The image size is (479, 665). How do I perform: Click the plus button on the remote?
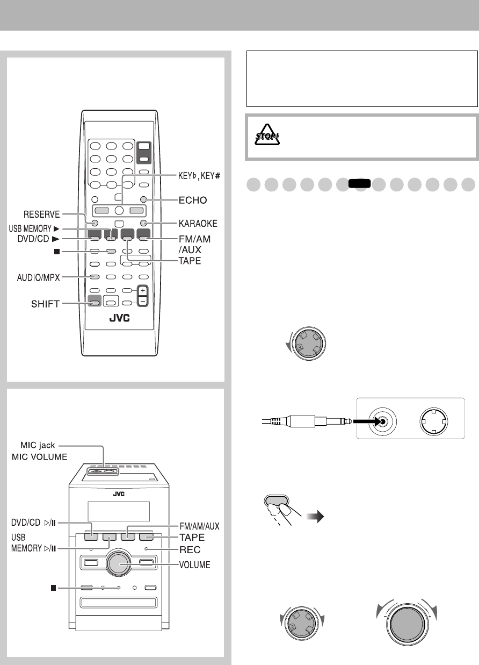click(x=142, y=290)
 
